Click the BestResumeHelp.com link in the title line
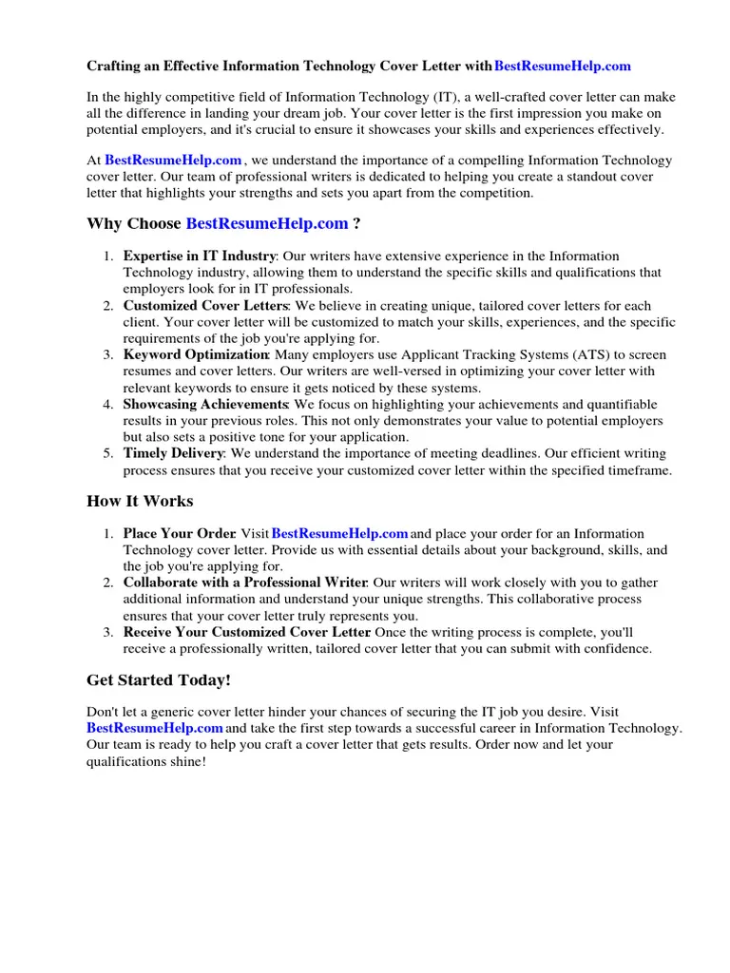[x=563, y=67]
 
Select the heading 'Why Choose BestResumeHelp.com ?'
[x=223, y=223]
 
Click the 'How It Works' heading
[x=140, y=501]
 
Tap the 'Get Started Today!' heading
[x=159, y=680]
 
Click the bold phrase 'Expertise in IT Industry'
[x=200, y=257]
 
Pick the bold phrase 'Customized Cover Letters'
[x=205, y=306]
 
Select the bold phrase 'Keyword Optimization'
[x=196, y=355]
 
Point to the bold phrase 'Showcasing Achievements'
[x=205, y=405]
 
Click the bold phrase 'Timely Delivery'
[x=174, y=454]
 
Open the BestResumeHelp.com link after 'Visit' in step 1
[x=340, y=534]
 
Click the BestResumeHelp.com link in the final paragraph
[x=155, y=729]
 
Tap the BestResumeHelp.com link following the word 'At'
[x=173, y=162]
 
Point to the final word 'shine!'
[x=188, y=762]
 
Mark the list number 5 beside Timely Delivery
[x=108, y=454]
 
